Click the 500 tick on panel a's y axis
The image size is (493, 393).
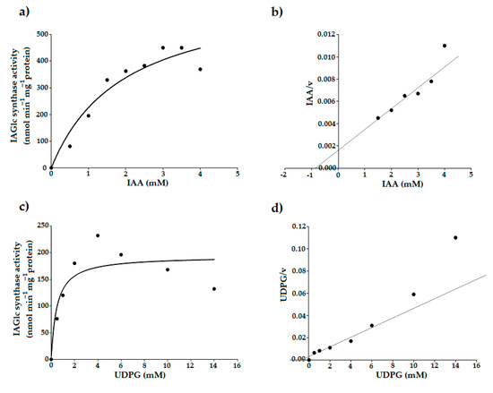point(41,34)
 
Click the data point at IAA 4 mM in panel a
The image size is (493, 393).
point(200,69)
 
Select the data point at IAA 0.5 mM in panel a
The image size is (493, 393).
point(70,146)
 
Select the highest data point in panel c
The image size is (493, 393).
point(98,235)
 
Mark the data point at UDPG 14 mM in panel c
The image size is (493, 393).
point(214,288)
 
